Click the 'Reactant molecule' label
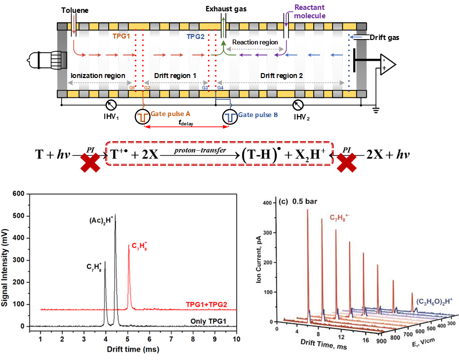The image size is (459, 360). coord(310,11)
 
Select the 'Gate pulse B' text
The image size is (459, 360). coord(258,115)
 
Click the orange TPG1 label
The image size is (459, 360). coord(121,36)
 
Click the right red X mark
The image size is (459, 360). coord(347,162)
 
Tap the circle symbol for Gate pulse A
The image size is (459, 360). coord(142,117)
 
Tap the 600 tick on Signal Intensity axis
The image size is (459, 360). coord(19,194)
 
